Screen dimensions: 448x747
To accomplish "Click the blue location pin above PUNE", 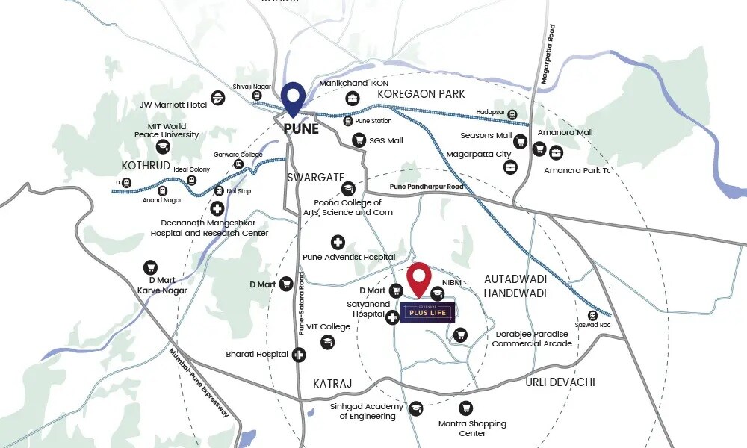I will point(293,99).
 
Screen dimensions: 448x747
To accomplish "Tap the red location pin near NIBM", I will point(421,279).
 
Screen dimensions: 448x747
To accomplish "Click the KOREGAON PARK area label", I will point(421,94).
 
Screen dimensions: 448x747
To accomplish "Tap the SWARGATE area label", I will point(315,178).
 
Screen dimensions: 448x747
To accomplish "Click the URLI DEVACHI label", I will point(560,382).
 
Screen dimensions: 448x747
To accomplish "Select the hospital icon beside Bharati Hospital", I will point(298,355).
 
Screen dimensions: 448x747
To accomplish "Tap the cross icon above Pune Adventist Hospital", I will point(338,243).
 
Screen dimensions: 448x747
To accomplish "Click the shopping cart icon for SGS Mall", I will point(359,140).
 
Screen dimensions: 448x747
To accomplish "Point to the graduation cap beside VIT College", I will point(326,342).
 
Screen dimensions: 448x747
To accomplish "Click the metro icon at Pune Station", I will point(347,121).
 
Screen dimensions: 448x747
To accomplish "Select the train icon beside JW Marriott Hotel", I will point(218,97).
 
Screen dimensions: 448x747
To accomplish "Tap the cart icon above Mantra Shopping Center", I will point(466,408).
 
